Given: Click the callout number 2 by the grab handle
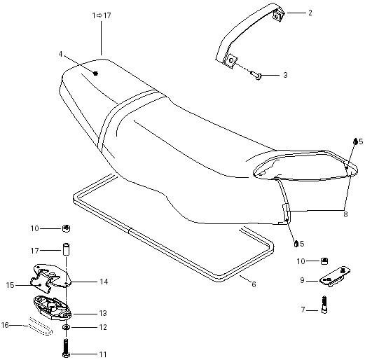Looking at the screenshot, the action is click(310, 13).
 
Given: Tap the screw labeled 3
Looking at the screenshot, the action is click(257, 75).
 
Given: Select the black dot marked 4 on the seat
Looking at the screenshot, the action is click(95, 74).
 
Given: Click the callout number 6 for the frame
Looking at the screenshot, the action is click(254, 284).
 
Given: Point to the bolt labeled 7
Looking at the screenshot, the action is click(324, 305).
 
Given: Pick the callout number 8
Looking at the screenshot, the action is click(345, 214).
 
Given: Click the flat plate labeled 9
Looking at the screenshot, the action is click(334, 277).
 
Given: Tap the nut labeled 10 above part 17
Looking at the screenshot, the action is click(67, 228).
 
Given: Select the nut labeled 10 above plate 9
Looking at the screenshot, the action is click(324, 261).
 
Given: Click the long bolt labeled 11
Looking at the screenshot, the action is click(67, 348).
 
